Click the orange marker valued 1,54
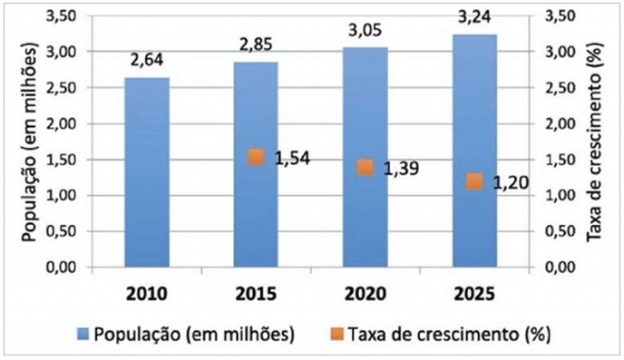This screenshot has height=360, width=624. tap(256, 157)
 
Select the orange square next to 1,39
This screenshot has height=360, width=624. tap(365, 167)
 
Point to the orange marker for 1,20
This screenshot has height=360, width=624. tap(473, 181)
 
